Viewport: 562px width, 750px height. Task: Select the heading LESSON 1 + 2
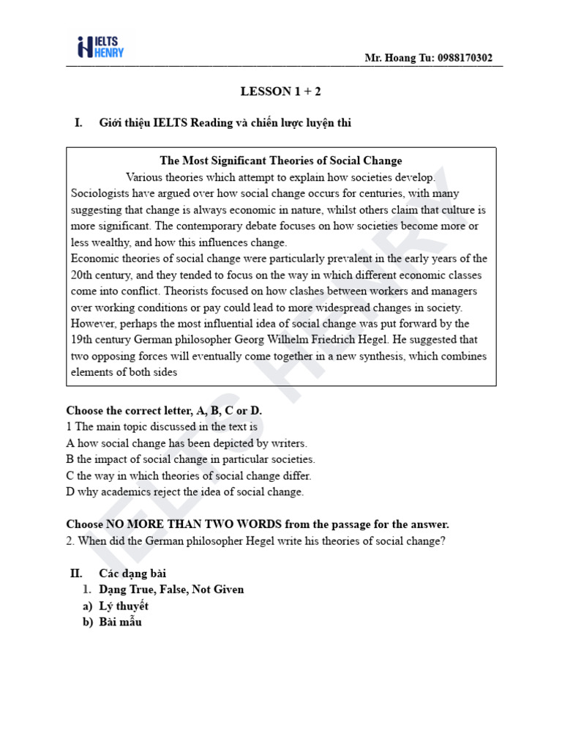[x=281, y=92]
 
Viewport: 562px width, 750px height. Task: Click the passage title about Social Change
[x=281, y=161]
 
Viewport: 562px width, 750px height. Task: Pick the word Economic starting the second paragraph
[x=93, y=259]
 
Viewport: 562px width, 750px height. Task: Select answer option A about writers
[x=187, y=443]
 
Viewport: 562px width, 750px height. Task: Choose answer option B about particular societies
[x=190, y=459]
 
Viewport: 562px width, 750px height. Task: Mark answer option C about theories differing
[x=189, y=475]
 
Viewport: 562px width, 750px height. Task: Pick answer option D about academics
[x=184, y=491]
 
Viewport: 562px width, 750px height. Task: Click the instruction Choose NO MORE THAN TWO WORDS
[x=258, y=524]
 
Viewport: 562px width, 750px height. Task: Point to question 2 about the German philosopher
[x=254, y=541]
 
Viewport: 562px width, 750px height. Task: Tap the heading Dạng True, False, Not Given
[x=171, y=590]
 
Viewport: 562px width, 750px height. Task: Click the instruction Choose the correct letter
[x=164, y=411]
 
